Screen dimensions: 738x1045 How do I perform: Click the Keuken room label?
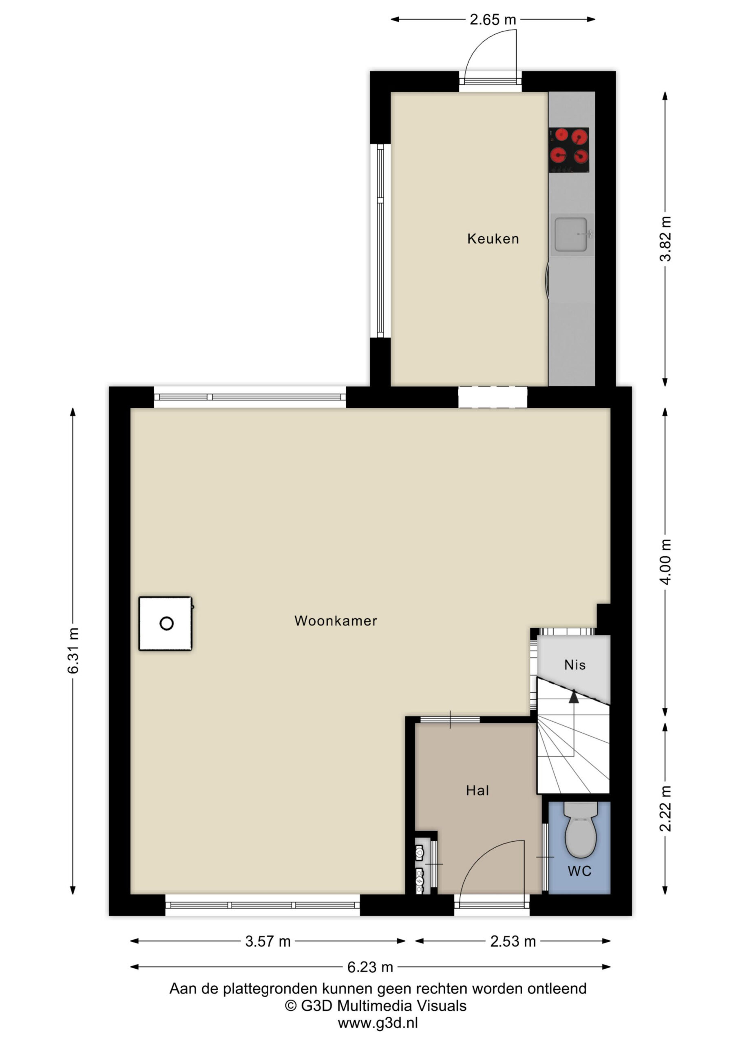point(493,238)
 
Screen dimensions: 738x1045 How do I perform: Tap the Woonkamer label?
point(336,621)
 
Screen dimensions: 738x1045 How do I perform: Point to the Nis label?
point(575,665)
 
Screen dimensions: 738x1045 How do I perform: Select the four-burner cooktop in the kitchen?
point(569,150)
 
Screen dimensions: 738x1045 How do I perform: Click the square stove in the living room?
point(166,624)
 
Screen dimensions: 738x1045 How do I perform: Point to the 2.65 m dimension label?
point(493,20)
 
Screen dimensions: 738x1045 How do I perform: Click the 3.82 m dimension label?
point(665,238)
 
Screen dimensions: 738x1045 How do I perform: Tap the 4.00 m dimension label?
point(665,562)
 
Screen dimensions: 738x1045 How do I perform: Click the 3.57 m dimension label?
point(268,941)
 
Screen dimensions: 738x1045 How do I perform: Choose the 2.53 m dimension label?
point(513,941)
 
